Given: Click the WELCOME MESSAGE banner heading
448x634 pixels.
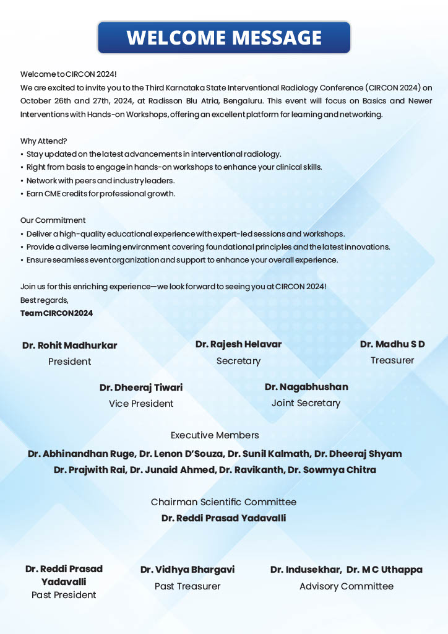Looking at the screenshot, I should coord(224,38).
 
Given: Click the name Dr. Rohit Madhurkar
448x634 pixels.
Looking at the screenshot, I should coord(69,345).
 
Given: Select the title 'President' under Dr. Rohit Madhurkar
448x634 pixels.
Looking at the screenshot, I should coord(69,362).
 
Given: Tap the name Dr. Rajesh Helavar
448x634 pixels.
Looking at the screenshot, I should coord(238,344).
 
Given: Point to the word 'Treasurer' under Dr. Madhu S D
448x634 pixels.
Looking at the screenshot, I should coord(392,360).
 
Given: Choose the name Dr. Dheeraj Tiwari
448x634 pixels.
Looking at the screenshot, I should coord(141,388).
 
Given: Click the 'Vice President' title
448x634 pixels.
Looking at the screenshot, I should coord(141,404).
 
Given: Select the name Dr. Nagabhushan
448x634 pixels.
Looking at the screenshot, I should coord(306,387).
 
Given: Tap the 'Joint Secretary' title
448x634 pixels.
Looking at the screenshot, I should coord(306,403).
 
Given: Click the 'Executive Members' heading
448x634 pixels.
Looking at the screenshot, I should coord(215,435).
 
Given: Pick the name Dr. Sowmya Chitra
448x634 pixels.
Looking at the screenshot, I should coord(340,470).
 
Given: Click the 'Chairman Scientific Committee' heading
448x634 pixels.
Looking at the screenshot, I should coord(223,502).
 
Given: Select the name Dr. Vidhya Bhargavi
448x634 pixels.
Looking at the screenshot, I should coord(187,570).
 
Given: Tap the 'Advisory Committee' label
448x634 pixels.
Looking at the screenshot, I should coord(347,586).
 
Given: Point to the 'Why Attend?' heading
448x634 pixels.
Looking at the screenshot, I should coord(44,141).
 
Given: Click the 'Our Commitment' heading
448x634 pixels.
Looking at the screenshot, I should coord(53,220).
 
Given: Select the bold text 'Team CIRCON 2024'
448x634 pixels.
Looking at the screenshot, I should coord(57,313).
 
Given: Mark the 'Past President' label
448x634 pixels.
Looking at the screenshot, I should coord(64,595).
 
